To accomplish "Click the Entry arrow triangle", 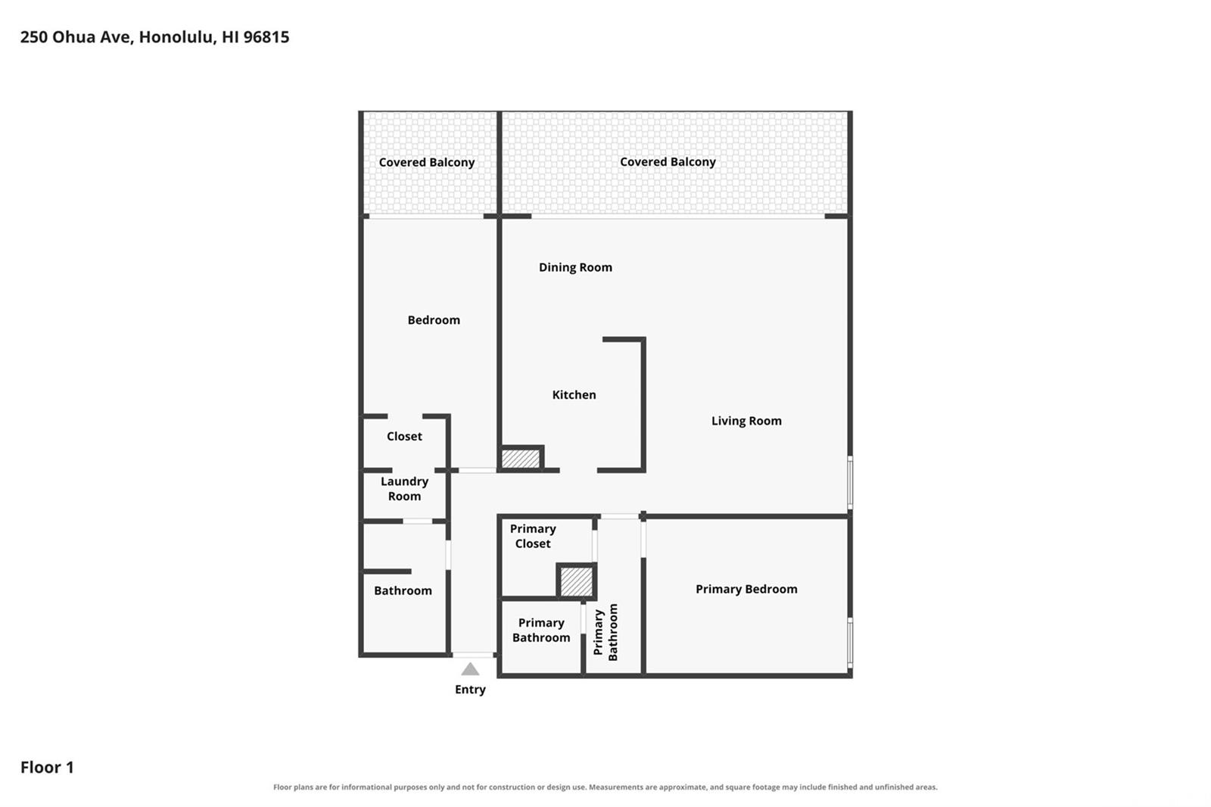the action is point(470,670).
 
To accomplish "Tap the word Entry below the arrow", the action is point(470,689).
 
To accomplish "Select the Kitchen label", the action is point(574,395).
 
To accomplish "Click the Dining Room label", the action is point(575,267).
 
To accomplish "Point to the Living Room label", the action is point(746,421).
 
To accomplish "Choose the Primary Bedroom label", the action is point(746,589).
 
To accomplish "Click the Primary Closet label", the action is point(533,536).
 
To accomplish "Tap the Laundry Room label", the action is point(404,488).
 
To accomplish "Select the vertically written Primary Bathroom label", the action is point(605,632).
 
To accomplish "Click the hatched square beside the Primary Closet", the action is point(576,581).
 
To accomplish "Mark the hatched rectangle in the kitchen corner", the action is point(521,459).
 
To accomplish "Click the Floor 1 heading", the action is point(47,767).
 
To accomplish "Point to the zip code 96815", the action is point(266,37).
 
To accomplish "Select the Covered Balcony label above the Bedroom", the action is point(427,162).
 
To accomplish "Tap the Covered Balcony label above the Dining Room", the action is point(668,162).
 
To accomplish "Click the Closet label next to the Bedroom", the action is point(404,436).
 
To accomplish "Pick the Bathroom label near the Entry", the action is point(403,590).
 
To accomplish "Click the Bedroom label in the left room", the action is point(434,320).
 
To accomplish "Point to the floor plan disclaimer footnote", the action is point(605,787).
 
